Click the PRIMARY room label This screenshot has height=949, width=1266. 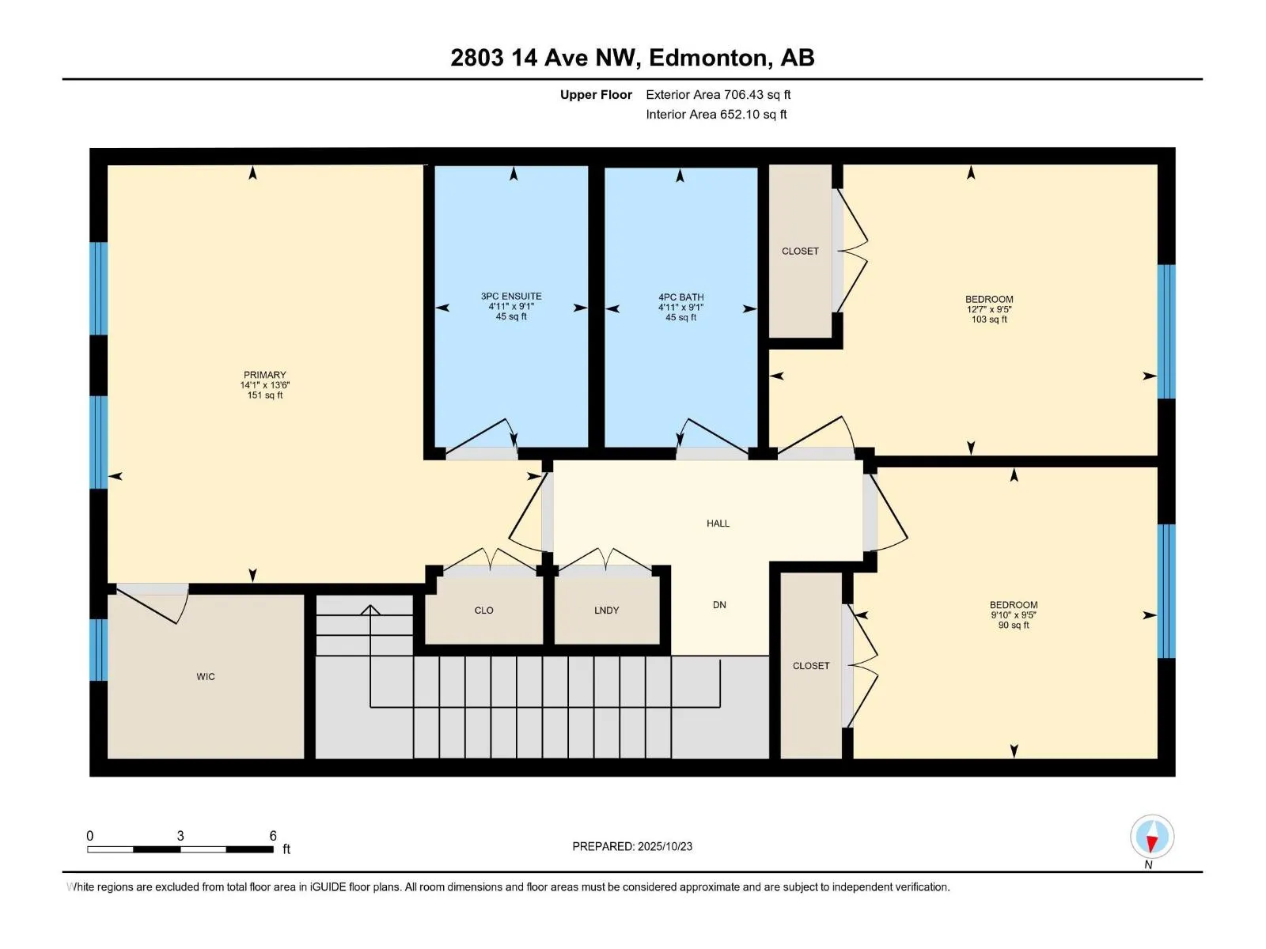265,375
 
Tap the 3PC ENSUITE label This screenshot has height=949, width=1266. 511,297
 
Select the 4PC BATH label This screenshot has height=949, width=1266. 680,297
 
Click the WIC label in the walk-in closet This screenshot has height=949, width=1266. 206,677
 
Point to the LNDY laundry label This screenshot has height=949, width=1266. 606,611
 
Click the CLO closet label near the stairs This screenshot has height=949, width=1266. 483,611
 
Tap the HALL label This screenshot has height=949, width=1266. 718,524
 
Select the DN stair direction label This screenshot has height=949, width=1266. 719,605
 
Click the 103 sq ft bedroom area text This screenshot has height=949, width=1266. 989,319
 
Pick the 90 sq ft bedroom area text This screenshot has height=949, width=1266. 1014,626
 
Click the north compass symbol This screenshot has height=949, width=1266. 1152,837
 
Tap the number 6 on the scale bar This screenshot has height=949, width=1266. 273,836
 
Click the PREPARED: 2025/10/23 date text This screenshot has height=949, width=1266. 632,846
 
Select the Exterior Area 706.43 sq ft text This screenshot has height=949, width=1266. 718,95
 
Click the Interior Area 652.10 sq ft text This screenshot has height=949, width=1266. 716,115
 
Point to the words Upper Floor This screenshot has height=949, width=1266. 596,95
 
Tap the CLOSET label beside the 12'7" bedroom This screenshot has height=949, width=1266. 800,251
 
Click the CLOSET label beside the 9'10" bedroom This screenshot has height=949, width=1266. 811,666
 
